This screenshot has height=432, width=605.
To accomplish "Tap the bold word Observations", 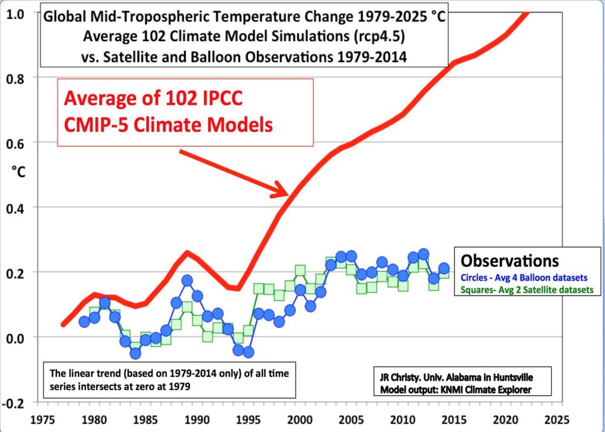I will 509,260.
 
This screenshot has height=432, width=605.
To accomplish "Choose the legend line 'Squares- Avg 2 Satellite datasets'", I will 526,291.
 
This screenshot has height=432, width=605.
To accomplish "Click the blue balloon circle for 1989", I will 187,281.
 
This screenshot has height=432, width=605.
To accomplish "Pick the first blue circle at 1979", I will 85,321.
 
